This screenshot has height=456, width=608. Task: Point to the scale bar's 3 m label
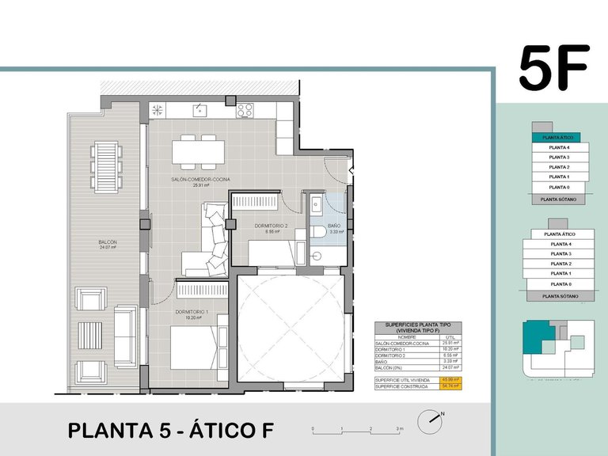point(400,428)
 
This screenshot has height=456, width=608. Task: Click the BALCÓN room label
point(107,242)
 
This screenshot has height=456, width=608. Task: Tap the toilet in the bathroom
point(317,232)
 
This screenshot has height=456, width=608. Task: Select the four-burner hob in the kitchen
point(245,111)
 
